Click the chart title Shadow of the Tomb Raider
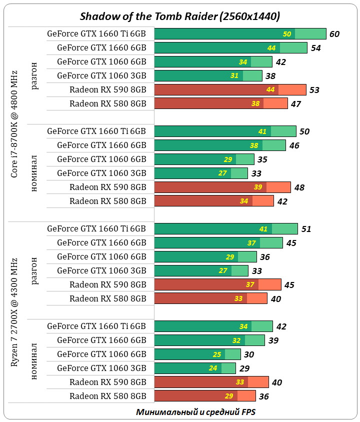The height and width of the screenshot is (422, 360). [x=180, y=16]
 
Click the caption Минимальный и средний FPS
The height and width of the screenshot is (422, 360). [x=195, y=412]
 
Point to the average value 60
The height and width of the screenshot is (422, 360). [x=334, y=34]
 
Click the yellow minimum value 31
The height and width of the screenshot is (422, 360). [x=235, y=76]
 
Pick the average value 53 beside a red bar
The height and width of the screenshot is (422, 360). [x=314, y=90]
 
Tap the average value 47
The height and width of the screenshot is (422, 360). [x=296, y=104]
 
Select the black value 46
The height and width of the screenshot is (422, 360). [x=294, y=145]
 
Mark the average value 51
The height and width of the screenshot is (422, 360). [x=306, y=229]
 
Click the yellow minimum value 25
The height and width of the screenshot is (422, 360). [x=217, y=354]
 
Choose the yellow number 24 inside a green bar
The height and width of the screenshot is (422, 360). [x=213, y=368]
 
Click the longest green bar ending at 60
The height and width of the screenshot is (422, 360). [x=240, y=33]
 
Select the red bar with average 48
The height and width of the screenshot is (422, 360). [x=222, y=187]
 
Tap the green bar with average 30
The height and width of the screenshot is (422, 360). [x=197, y=354]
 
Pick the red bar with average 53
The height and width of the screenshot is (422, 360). [x=230, y=89]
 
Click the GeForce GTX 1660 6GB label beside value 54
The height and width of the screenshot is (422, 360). [x=101, y=48]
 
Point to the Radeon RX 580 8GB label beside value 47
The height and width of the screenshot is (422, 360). [x=107, y=104]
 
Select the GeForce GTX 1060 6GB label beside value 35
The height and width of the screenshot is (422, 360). [x=101, y=159]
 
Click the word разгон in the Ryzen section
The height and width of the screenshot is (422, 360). [x=34, y=270]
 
